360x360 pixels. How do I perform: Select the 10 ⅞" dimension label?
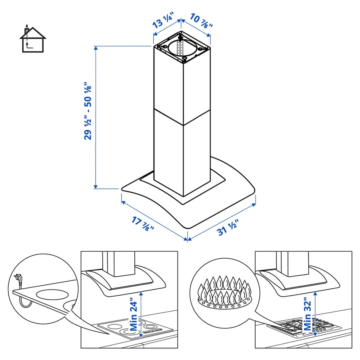click(x=200, y=21)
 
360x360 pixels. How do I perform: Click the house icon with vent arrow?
click(x=32, y=39)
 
